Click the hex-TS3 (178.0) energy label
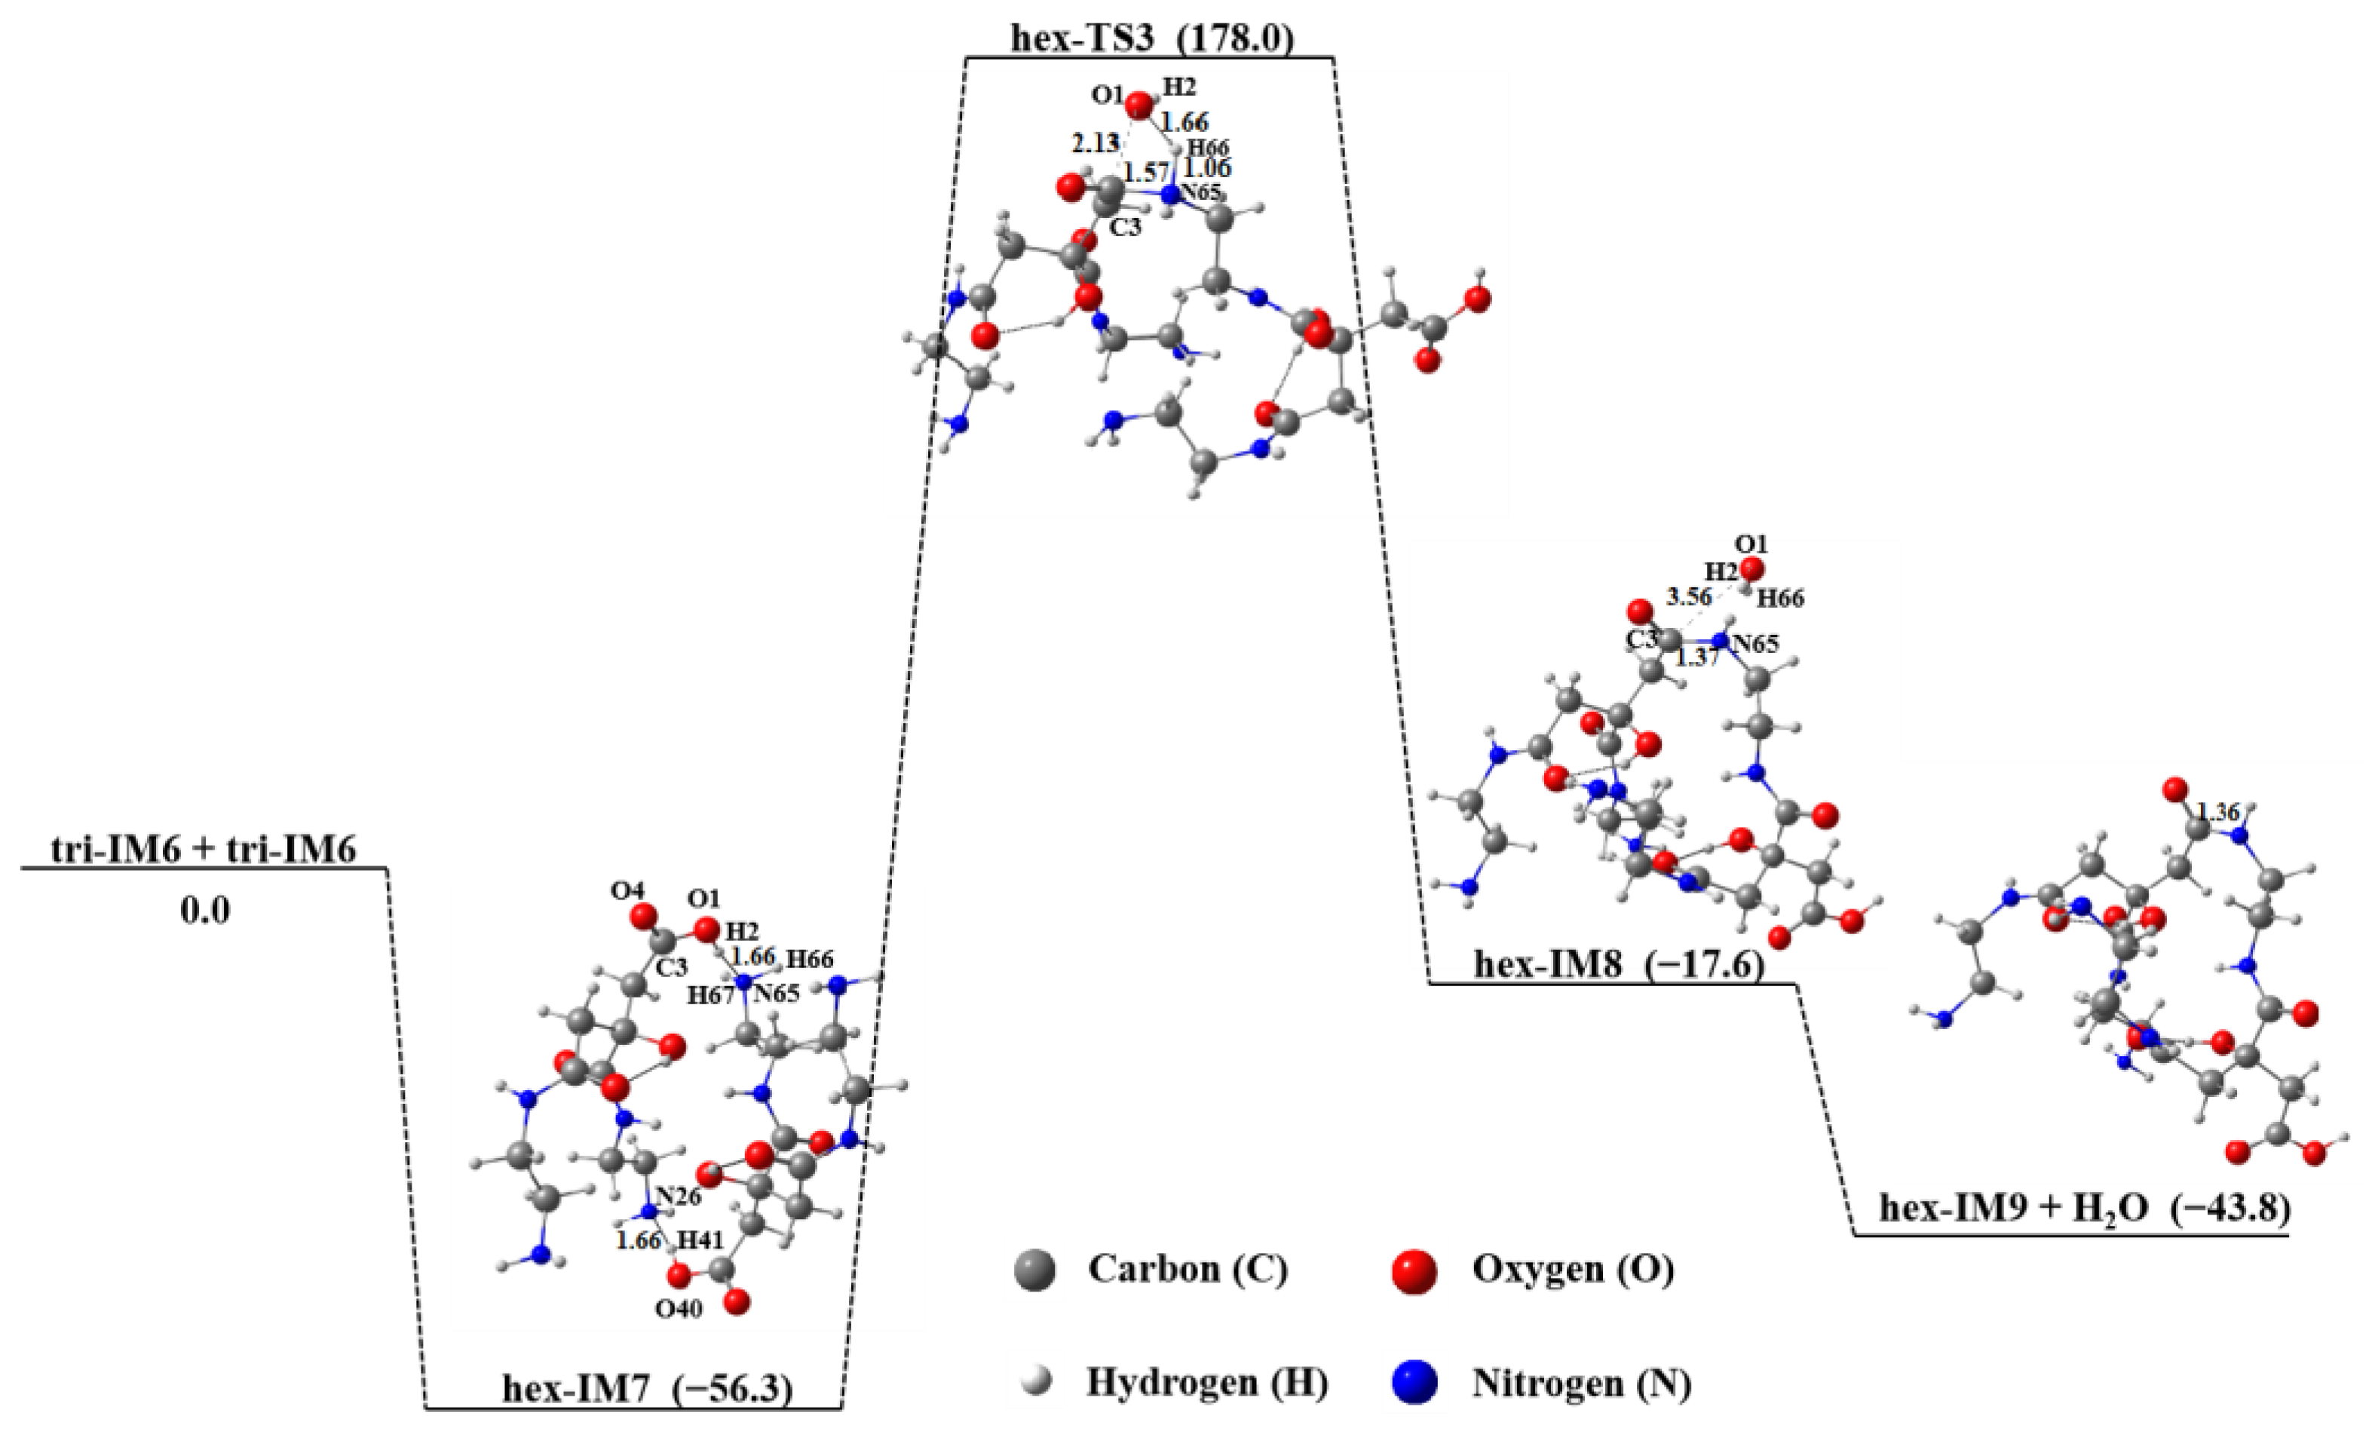[x=1151, y=38]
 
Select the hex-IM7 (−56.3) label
[x=647, y=1390]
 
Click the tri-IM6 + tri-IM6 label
[x=204, y=850]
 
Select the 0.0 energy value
[x=205, y=911]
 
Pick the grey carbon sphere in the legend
[x=1035, y=1271]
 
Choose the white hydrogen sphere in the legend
[x=1035, y=1384]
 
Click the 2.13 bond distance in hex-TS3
[x=1096, y=144]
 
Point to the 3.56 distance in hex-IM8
[x=1690, y=597]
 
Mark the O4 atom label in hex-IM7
[x=627, y=891]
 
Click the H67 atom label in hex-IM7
[x=709, y=996]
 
